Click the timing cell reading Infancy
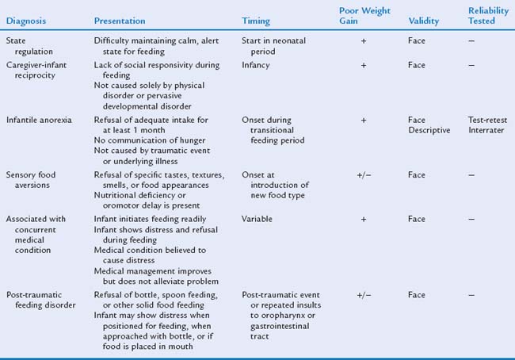(257, 65)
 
